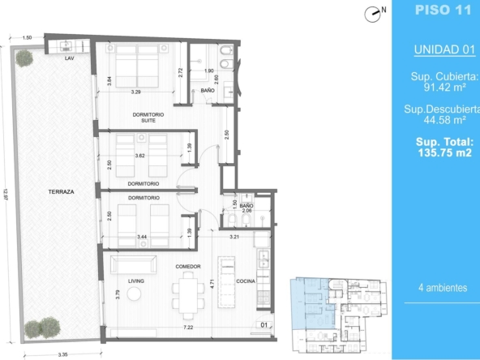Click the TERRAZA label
point(62,192)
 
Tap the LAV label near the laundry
point(70,58)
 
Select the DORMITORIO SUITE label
point(148,118)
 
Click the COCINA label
point(246,281)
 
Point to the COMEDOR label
point(188,267)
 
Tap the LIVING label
point(136,281)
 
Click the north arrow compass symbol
point(372,15)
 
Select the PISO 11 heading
point(443,10)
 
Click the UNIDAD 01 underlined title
point(444,49)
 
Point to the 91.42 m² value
point(445,88)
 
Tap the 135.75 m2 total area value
point(445,152)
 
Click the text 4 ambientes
point(443,288)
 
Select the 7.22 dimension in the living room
point(188,328)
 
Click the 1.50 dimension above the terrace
point(27,38)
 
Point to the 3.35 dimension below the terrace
point(62,355)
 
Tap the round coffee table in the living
point(134,294)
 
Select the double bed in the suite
point(137,66)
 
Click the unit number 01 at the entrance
point(264,325)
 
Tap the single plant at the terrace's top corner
point(24,58)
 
